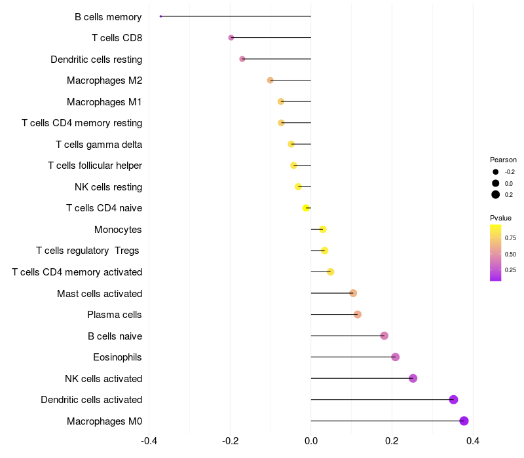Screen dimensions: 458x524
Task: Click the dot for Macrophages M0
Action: [464, 421]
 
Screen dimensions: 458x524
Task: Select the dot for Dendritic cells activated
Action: [453, 400]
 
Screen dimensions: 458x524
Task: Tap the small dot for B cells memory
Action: [160, 16]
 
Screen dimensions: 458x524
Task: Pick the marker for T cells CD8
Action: [231, 38]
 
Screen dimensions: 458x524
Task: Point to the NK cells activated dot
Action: [413, 378]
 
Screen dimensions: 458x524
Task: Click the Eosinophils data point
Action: [396, 357]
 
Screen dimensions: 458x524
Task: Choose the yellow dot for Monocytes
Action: [323, 229]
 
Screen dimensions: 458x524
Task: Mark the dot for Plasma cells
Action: [357, 315]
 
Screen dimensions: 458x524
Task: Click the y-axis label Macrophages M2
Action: [104, 80]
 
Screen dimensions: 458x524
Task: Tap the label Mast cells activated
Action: [100, 294]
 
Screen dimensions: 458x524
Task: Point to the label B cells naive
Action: [115, 336]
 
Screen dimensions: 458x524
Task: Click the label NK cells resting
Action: [108, 187]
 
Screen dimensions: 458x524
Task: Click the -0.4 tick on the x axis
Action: [149, 441]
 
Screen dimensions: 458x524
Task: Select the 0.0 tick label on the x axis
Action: [311, 441]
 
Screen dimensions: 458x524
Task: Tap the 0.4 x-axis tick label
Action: [473, 441]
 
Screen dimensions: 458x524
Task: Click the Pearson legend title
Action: [503, 160]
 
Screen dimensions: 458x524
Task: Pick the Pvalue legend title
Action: [500, 218]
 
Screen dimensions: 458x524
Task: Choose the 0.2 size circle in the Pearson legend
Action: [496, 194]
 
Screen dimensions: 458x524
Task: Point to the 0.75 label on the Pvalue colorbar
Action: [510, 238]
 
